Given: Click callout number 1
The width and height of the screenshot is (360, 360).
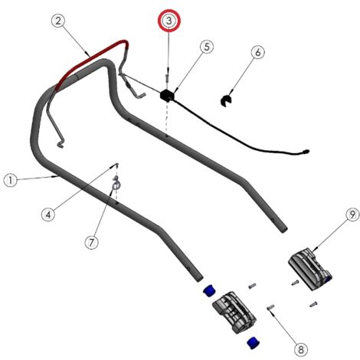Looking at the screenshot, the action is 11,181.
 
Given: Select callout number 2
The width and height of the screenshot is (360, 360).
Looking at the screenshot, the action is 58,21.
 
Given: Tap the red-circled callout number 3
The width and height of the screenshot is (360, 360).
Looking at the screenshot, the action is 169,21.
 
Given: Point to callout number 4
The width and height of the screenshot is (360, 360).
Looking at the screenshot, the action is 48,214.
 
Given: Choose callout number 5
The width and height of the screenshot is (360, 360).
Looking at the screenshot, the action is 207,47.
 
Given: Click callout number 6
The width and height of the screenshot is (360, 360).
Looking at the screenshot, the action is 258,52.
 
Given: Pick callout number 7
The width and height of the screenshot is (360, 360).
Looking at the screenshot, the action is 91,242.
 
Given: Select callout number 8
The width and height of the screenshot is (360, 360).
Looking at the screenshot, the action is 301,349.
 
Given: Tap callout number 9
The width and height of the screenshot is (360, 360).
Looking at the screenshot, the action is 352,214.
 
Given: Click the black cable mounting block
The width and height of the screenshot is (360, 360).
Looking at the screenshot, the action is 167,95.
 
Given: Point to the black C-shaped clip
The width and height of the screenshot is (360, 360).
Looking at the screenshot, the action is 225,100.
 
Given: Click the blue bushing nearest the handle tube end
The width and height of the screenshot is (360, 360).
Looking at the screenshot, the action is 209,291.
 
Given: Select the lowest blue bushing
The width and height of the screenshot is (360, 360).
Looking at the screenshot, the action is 254,342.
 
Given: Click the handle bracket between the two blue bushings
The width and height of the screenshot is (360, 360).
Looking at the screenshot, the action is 234,313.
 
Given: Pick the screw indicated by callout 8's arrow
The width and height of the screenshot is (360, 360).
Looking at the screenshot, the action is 270,307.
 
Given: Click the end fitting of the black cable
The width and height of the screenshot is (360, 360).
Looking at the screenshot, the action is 306,152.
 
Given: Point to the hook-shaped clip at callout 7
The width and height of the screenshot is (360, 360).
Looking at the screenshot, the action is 116,183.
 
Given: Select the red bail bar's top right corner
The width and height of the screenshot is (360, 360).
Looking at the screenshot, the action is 126,41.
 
